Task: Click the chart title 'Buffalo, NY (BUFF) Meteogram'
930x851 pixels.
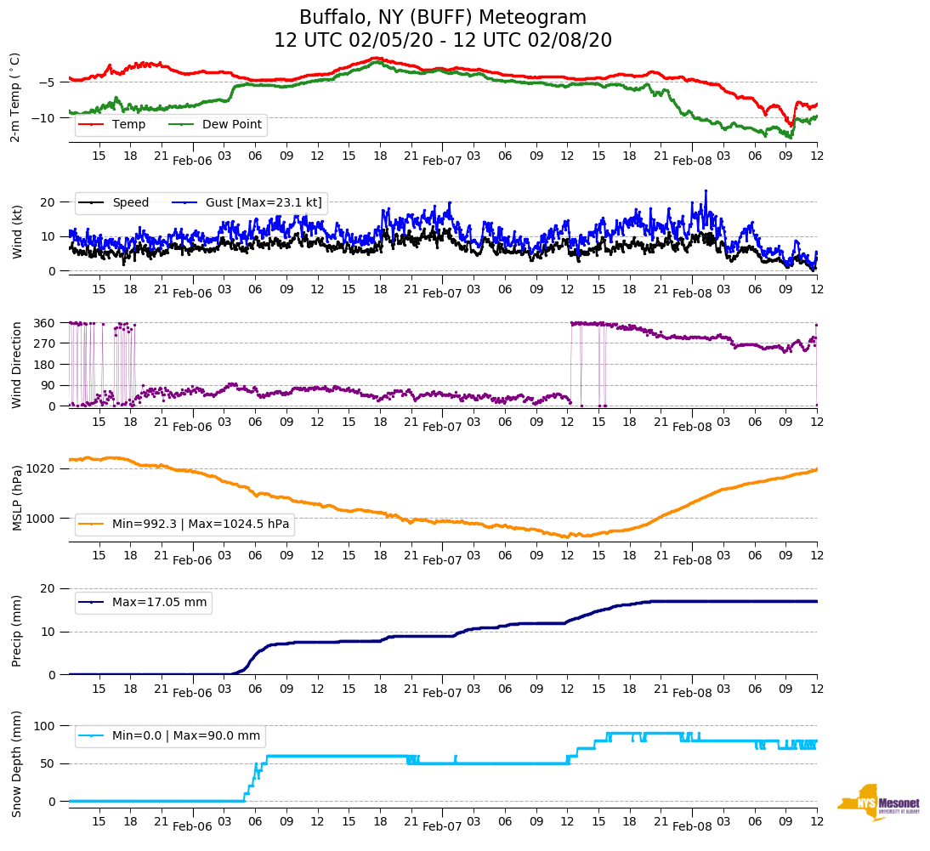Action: click(442, 18)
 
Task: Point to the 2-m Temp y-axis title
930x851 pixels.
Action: click(15, 97)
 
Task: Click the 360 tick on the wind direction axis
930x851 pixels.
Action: click(45, 323)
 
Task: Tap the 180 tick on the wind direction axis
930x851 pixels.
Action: click(45, 365)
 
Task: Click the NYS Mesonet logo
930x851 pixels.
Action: click(879, 803)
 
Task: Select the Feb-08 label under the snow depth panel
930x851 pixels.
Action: click(692, 826)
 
